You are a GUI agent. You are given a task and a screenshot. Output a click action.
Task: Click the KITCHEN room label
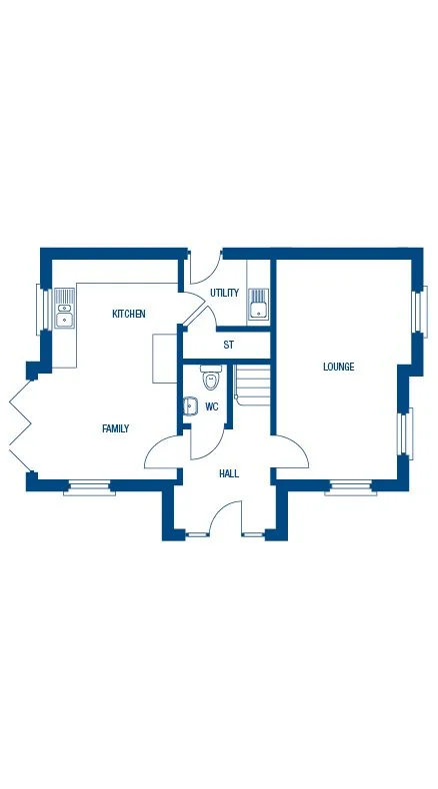point(128,314)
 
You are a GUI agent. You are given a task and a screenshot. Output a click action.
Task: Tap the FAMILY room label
point(116,428)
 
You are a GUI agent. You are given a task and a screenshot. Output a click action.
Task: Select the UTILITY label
point(224,293)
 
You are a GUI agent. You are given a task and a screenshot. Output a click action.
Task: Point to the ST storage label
point(228,345)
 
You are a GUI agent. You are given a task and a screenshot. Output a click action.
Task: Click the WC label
point(212,406)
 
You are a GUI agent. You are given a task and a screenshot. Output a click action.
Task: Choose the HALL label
point(229,473)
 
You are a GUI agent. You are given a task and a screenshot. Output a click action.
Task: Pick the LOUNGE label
point(338,367)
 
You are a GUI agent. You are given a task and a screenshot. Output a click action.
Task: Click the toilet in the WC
point(210,380)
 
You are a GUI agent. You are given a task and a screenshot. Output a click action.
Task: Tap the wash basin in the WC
point(190,406)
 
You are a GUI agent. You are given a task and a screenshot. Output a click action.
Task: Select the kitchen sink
point(64,308)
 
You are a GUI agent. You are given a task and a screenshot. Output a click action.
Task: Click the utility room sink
point(259,303)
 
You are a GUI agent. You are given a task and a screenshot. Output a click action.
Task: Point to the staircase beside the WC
point(253,384)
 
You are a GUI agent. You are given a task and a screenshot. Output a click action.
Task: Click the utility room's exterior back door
point(204,267)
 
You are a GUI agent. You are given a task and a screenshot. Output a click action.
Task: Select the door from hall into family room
point(163,451)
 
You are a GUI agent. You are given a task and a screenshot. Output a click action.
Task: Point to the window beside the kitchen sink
point(43,309)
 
